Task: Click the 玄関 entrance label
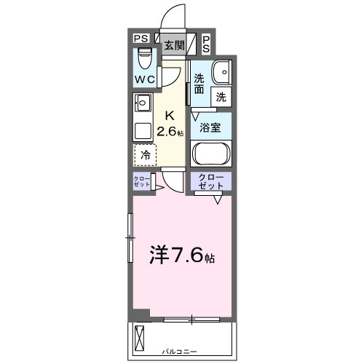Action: coord(173,45)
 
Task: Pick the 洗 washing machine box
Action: coord(221,96)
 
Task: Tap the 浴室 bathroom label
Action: coord(211,127)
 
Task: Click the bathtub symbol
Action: coord(211,154)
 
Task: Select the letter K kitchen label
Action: coord(170,115)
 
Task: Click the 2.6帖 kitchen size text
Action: coord(172,131)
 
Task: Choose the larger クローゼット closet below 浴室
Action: coord(211,181)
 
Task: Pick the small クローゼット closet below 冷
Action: coord(141,182)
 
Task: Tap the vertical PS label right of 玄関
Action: coord(207,44)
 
